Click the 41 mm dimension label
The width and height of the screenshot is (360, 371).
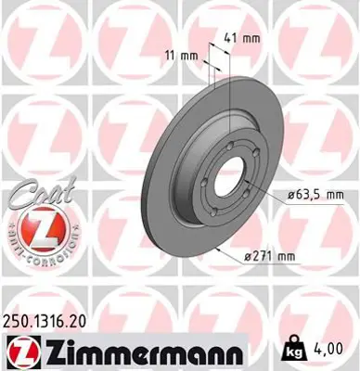[241, 38]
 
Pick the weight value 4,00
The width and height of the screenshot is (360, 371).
[338, 349]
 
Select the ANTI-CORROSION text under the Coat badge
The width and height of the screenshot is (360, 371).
[38, 251]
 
